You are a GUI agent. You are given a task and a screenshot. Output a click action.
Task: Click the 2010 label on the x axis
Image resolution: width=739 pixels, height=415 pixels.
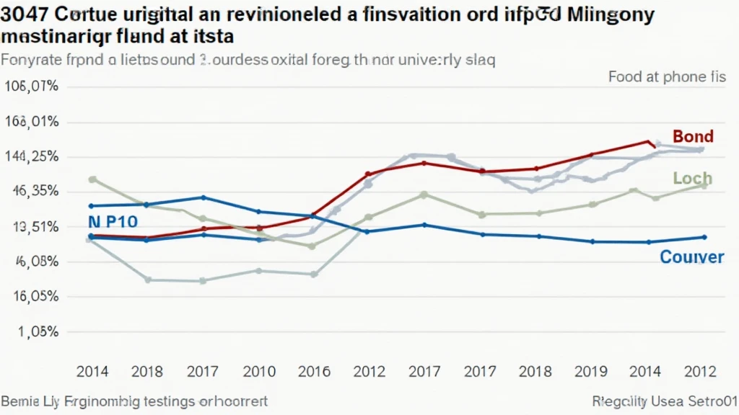pyautogui.click(x=259, y=372)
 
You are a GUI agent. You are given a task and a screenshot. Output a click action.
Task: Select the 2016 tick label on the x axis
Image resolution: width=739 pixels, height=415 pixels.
pyautogui.click(x=315, y=372)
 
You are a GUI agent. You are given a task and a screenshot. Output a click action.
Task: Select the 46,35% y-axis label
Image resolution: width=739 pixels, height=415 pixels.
pyautogui.click(x=33, y=192)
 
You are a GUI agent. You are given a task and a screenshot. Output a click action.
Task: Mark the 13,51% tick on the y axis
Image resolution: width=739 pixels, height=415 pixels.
pyautogui.click(x=33, y=227)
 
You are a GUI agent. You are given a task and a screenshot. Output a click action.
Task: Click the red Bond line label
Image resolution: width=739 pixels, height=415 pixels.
pyautogui.click(x=693, y=136)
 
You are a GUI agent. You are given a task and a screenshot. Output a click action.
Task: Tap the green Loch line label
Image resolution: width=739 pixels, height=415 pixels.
pyautogui.click(x=692, y=178)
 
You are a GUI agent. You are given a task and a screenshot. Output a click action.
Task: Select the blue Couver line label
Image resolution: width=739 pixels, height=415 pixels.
pyautogui.click(x=691, y=257)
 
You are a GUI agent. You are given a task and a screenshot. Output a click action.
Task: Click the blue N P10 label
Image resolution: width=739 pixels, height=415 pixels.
pyautogui.click(x=113, y=222)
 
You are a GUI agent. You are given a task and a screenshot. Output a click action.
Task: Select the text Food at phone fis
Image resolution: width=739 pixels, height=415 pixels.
pyautogui.click(x=667, y=76)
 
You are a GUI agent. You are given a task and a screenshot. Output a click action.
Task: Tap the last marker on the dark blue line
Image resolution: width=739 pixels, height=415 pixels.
pyautogui.click(x=704, y=237)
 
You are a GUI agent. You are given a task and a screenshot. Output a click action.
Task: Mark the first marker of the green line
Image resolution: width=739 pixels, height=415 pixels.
pyautogui.click(x=92, y=179)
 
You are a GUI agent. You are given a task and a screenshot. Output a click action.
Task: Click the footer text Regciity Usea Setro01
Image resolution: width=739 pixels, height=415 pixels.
pyautogui.click(x=662, y=401)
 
